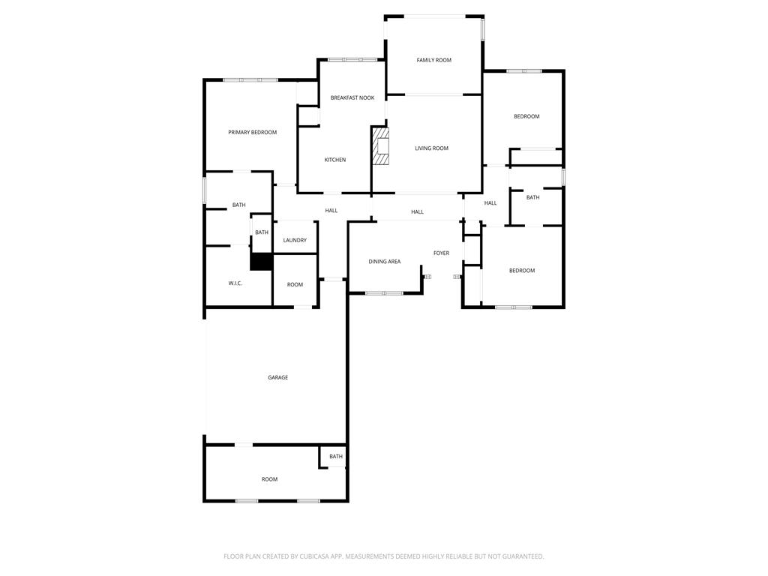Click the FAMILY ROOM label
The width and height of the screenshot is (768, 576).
[434, 60]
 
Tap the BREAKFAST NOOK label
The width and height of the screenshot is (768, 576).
[352, 97]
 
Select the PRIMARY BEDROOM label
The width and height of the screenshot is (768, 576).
[252, 133]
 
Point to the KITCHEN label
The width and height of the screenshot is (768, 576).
[335, 160]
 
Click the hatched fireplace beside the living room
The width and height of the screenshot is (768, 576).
[382, 146]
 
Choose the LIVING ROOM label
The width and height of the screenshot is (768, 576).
[431, 148]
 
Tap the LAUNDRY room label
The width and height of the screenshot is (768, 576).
[295, 241]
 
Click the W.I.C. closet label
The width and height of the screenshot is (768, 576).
[235, 283]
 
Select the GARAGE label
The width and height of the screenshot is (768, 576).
[278, 378]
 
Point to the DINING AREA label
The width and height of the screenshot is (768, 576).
[384, 262]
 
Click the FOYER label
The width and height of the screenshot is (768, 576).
[441, 253]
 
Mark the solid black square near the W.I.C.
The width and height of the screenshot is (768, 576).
[261, 262]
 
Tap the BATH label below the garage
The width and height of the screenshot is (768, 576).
[336, 457]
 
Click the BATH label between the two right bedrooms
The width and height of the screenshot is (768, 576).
[532, 198]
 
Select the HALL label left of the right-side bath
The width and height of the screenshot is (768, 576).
[490, 203]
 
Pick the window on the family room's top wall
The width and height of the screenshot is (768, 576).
[434, 16]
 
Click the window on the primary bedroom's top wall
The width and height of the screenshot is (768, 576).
[250, 79]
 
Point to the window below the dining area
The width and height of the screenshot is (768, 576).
[384, 293]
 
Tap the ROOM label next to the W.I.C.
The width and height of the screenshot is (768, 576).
[295, 285]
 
